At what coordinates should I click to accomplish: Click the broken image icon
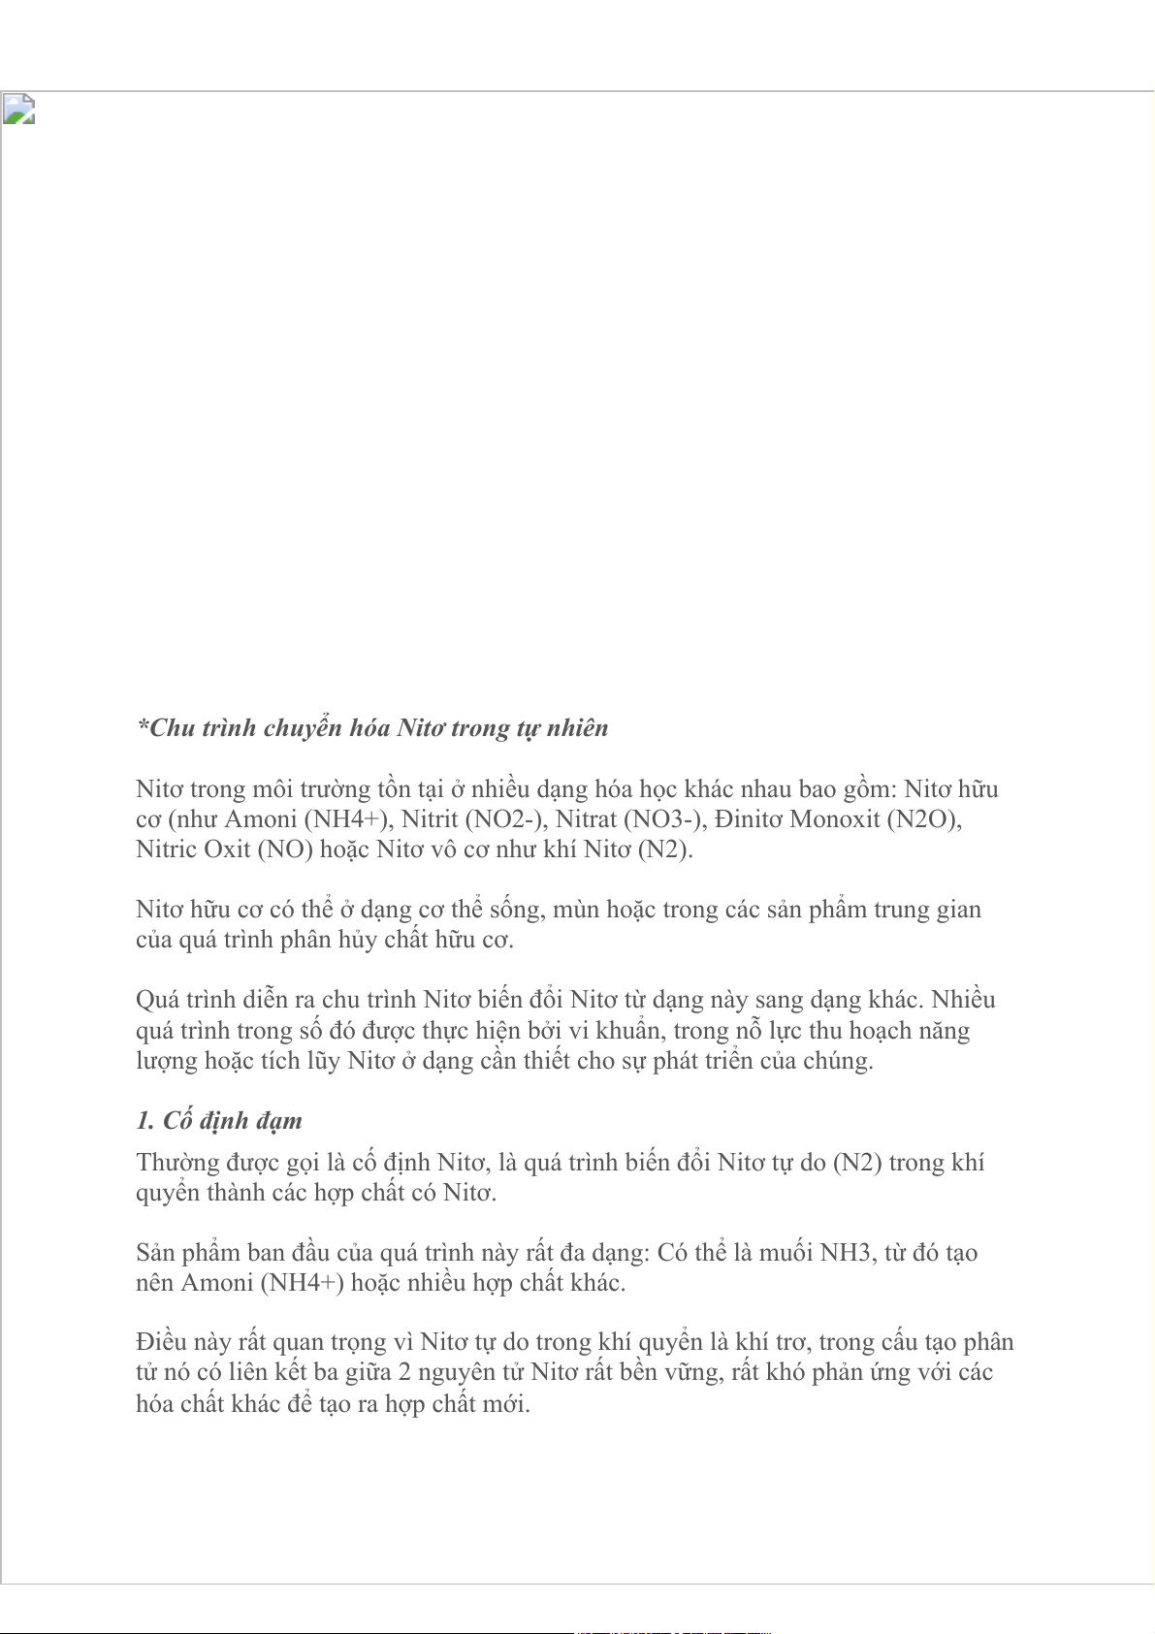tap(18, 109)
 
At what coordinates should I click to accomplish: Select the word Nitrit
tap(430, 819)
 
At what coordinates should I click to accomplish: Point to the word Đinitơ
tap(748, 819)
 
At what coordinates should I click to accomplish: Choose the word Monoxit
tap(835, 819)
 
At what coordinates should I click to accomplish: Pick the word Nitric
tap(166, 849)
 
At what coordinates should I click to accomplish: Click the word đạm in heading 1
tap(279, 1121)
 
